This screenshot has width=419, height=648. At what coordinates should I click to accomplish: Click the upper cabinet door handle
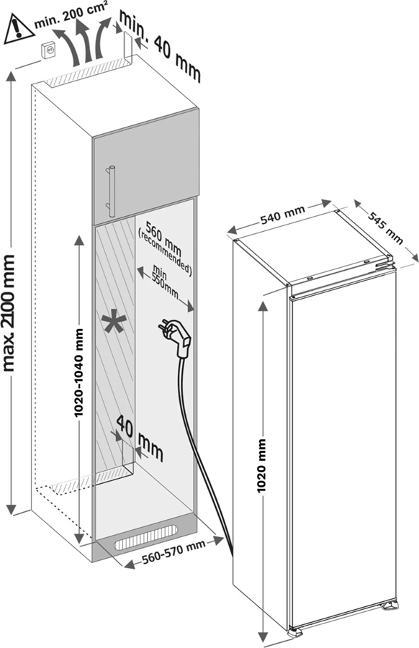(111, 189)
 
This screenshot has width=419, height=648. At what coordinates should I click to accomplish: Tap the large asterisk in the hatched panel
(112, 323)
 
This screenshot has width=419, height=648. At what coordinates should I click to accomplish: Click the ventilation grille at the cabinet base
(147, 534)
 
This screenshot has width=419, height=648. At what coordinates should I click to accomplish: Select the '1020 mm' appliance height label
(263, 464)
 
